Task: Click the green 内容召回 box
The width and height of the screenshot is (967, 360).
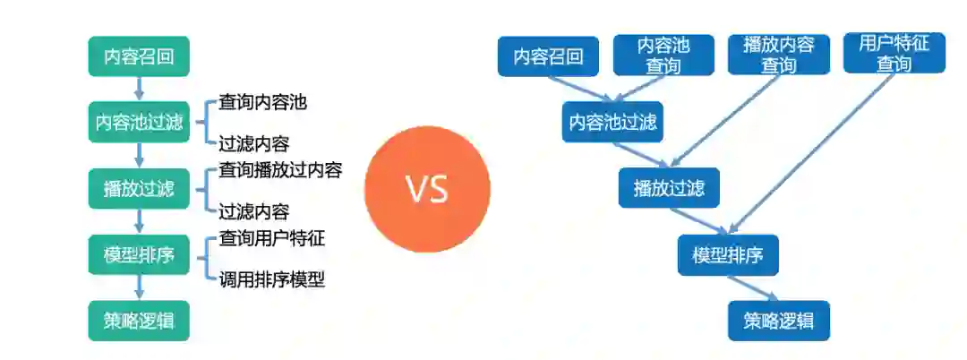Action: coord(139,56)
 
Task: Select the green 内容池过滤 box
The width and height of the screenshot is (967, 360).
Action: coord(139,122)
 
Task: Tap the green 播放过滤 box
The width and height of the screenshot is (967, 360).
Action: coord(139,188)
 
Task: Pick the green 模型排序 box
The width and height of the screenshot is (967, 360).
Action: coord(139,254)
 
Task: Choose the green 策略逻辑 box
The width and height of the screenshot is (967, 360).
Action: coord(139,320)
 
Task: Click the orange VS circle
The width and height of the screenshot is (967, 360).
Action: coord(427,189)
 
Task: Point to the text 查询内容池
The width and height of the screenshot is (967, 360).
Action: coord(262,102)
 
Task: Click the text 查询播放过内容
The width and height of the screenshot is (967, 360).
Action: coord(280,169)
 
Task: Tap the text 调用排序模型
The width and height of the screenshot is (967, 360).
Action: coord(271,279)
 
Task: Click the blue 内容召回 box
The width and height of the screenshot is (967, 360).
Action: coord(548,56)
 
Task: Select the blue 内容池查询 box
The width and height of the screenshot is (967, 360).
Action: coord(663,55)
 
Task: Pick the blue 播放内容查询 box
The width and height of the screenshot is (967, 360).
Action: coord(779,55)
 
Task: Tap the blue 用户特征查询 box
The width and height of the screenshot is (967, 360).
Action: coord(894,54)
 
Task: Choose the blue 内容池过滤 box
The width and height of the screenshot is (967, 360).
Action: coord(612,122)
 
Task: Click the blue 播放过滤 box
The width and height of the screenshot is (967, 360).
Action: coord(669,188)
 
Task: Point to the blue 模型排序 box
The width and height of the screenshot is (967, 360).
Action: coord(727,255)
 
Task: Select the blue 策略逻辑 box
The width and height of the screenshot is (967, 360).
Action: coord(779,320)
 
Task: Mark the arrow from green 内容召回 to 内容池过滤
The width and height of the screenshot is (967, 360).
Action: coord(139,88)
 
